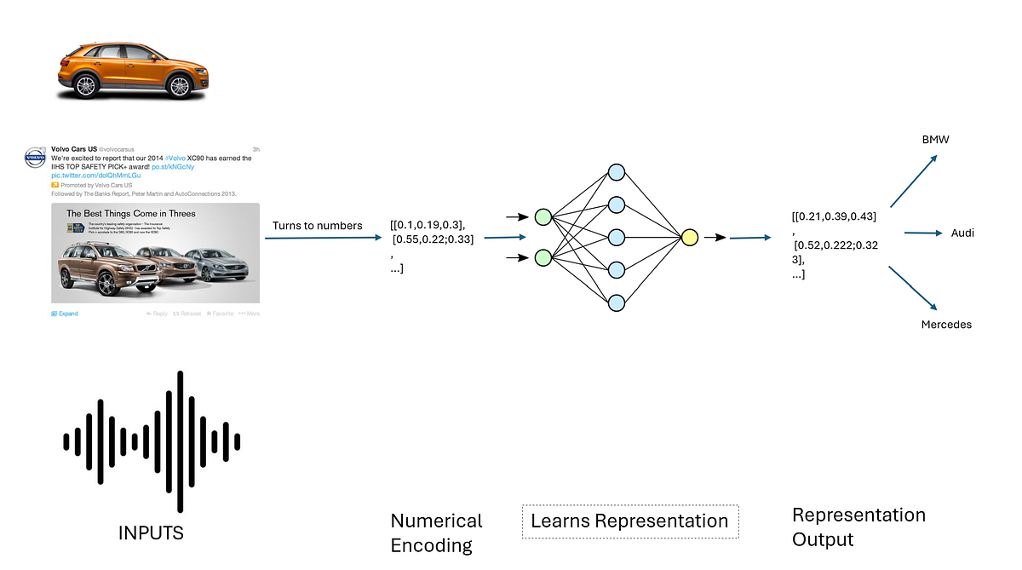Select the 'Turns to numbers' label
317,225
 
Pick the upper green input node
543,216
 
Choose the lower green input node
543,257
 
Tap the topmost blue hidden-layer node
616,172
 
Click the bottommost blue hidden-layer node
616,302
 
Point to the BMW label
935,139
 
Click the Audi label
962,233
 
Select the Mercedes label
946,325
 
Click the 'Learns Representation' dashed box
629,521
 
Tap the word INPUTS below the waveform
151,533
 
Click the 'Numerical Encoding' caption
436,533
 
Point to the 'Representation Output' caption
858,527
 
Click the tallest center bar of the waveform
180,441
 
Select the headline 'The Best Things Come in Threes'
131,213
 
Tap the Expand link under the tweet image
65,314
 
